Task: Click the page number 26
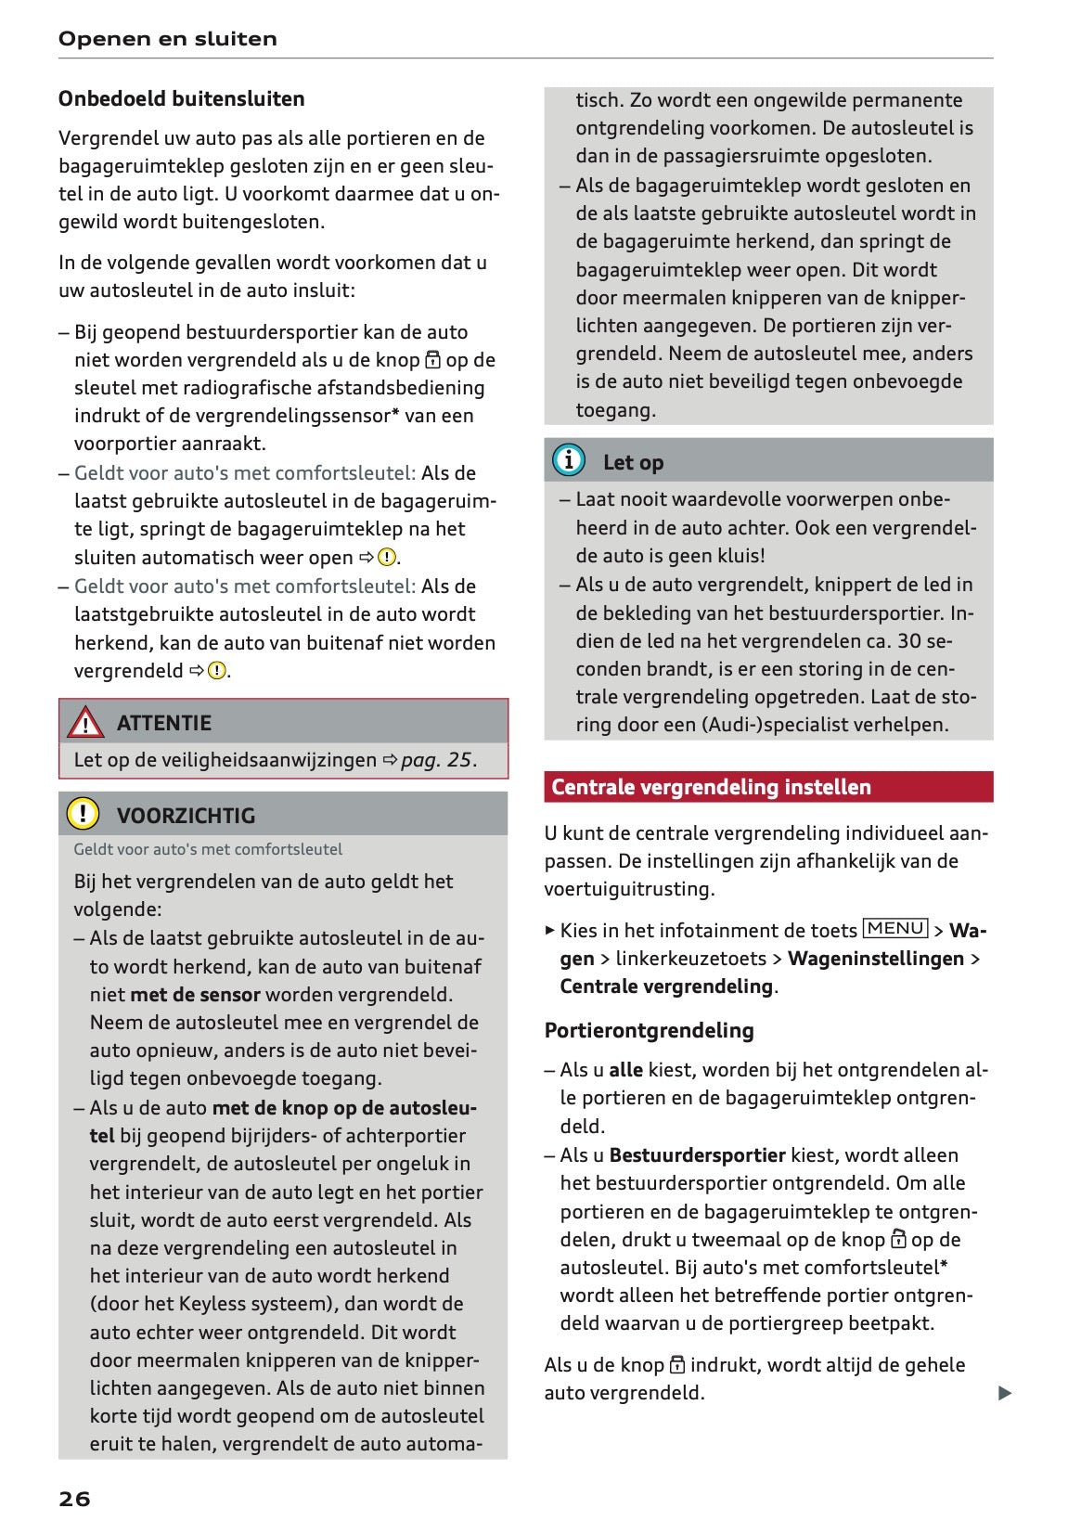click(74, 1499)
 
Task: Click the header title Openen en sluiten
click(167, 39)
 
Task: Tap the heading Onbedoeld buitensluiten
click(181, 99)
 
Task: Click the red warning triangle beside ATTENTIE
click(85, 722)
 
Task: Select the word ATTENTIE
click(164, 723)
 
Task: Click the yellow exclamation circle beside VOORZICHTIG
click(83, 814)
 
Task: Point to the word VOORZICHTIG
click(186, 816)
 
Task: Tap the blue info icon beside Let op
click(568, 460)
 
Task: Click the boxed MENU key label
click(895, 929)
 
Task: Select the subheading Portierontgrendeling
click(649, 1030)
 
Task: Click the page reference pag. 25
click(436, 760)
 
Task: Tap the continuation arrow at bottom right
click(1004, 1393)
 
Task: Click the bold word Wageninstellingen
click(875, 959)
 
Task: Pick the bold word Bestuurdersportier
click(697, 1155)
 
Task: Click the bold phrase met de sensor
click(195, 995)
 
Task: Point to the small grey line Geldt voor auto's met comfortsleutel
click(208, 849)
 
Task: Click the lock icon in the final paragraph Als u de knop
click(677, 1365)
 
